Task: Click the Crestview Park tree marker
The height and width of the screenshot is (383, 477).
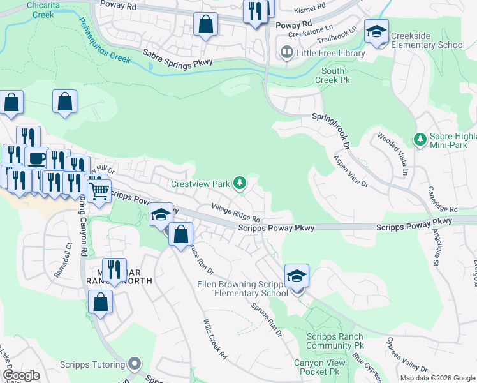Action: tap(240, 184)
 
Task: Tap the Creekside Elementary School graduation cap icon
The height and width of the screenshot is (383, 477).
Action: tap(376, 31)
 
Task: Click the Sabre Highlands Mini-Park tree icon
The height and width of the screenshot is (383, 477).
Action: tap(420, 139)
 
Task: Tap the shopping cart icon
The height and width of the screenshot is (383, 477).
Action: tap(98, 190)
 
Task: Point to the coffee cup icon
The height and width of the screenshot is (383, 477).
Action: tap(36, 157)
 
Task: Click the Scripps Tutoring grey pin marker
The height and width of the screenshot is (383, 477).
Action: tap(133, 364)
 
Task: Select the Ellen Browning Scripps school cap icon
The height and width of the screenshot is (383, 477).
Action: tap(297, 276)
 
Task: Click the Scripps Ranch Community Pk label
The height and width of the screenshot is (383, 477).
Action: tap(335, 342)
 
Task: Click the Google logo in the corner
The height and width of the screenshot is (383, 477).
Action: tap(21, 375)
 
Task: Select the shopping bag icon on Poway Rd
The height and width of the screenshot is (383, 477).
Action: tap(205, 26)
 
